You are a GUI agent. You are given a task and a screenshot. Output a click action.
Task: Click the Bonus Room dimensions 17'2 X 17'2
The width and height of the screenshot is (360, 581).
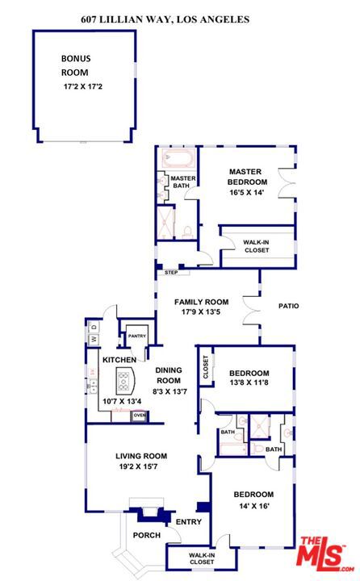[83, 86]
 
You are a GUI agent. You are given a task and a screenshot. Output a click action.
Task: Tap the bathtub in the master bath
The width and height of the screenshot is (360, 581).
[178, 159]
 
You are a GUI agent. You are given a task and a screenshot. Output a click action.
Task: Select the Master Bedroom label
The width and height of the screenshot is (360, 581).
[247, 177]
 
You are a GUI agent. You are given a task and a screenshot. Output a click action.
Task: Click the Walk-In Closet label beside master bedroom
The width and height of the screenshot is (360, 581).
[257, 246]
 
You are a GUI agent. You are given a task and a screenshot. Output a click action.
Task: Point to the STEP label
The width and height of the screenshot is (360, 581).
[171, 273]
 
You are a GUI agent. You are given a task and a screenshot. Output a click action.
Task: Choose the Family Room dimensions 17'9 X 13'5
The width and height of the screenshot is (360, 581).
[201, 312]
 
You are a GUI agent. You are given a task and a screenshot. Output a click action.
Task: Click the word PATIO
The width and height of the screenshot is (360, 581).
[288, 306]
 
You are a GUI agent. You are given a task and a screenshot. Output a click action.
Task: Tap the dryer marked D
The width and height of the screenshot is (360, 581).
[94, 327]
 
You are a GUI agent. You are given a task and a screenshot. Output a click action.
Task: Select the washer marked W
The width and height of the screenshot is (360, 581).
[94, 339]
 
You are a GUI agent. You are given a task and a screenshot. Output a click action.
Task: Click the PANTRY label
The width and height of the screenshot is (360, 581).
[136, 336]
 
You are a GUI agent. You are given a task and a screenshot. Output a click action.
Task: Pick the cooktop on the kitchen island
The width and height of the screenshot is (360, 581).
[123, 382]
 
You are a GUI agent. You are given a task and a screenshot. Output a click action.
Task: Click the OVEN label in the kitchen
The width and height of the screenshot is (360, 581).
[140, 416]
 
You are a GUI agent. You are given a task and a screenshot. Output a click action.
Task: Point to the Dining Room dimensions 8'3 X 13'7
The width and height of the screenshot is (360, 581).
[170, 391]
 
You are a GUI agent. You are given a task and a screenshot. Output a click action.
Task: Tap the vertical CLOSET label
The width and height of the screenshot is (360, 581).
[205, 367]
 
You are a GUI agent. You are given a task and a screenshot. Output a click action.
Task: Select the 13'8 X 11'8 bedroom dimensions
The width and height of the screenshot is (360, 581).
[249, 382]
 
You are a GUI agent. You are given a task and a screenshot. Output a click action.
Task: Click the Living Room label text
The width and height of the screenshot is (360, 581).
[141, 456]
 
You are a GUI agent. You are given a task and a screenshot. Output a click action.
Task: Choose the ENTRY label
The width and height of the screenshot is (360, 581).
[189, 522]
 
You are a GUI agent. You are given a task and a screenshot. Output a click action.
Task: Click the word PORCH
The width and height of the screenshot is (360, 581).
[147, 536]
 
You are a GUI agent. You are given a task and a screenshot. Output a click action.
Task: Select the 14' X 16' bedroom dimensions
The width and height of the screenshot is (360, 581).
[254, 506]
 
